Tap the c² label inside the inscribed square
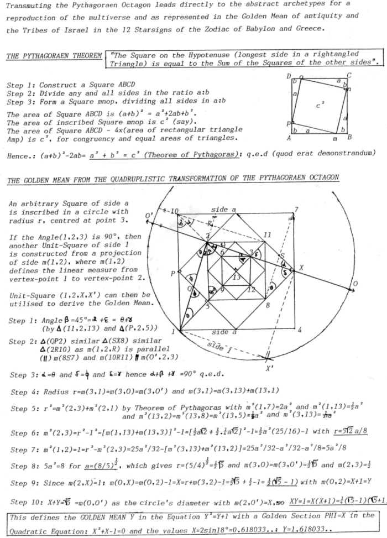(320, 105)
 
